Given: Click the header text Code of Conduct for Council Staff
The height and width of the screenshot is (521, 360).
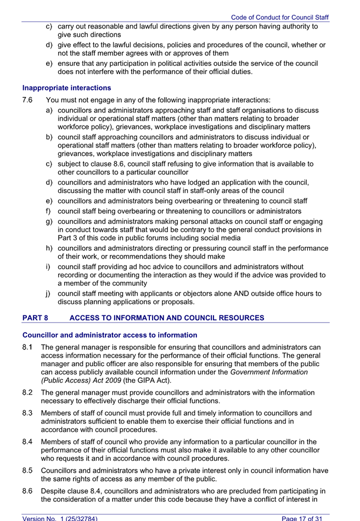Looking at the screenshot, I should (x=279, y=18).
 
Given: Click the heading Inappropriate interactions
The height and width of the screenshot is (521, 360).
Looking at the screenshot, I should (x=66, y=88).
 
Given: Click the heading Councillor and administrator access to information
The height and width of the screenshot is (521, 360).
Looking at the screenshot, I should (x=110, y=335).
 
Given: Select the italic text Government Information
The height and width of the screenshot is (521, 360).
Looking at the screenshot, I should (x=269, y=372).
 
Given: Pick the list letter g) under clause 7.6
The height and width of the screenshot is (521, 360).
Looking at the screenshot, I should (x=49, y=221).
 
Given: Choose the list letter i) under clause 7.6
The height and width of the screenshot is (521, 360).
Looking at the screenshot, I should (x=49, y=267).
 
